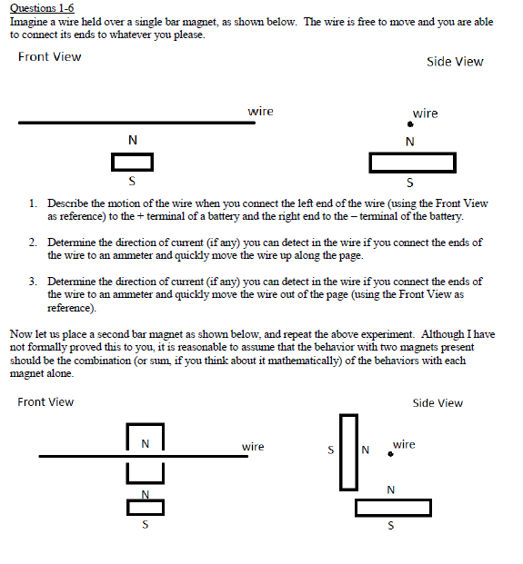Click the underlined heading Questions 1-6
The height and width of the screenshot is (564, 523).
click(x=42, y=8)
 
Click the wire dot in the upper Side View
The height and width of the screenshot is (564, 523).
click(x=410, y=124)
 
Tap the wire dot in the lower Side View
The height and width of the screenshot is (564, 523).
click(x=390, y=454)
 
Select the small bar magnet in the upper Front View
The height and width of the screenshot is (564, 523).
click(x=132, y=162)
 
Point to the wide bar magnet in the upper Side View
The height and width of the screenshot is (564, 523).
click(x=412, y=163)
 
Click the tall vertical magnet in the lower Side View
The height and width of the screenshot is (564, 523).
click(x=348, y=452)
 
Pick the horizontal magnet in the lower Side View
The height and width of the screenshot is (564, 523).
click(x=393, y=508)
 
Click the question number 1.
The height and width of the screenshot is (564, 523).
click(x=33, y=203)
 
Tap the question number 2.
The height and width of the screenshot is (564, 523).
click(x=33, y=242)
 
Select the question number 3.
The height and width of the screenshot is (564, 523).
click(x=33, y=281)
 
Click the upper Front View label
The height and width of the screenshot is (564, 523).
click(x=50, y=56)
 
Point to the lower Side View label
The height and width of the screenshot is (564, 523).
click(x=438, y=403)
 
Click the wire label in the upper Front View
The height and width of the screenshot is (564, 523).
click(x=260, y=112)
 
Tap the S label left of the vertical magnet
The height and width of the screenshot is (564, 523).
click(x=331, y=450)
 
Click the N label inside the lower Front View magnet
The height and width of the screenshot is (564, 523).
click(x=146, y=444)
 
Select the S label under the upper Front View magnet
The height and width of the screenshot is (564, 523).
click(x=132, y=181)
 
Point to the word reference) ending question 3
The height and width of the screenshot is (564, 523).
click(x=72, y=308)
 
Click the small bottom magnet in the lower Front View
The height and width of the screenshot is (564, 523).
click(x=146, y=508)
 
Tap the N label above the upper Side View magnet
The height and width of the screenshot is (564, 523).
click(x=410, y=142)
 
